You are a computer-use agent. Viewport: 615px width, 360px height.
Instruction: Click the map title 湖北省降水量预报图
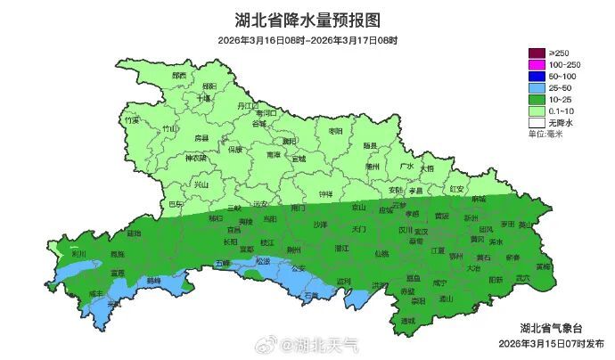click(307, 19)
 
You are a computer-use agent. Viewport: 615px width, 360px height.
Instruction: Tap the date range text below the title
click(307, 41)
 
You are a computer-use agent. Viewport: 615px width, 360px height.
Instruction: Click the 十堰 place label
click(204, 98)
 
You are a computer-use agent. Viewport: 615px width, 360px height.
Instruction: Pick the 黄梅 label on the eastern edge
click(544, 266)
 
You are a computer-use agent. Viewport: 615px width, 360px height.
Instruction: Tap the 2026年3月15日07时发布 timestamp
click(550, 343)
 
